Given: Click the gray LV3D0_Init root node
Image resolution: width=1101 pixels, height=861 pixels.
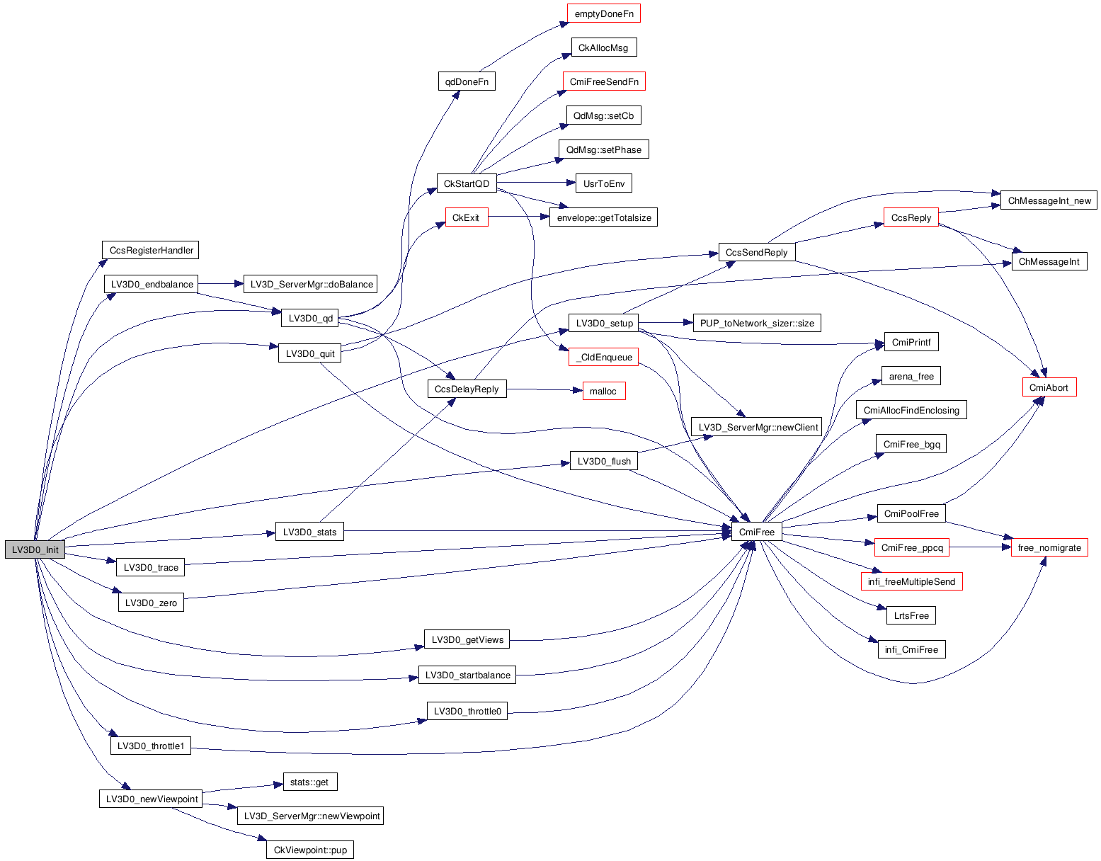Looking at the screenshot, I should click(x=35, y=549).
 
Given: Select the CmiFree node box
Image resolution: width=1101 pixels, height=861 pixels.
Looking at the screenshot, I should click(x=756, y=532).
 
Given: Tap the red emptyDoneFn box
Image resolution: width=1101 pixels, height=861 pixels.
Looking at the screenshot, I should click(x=604, y=13).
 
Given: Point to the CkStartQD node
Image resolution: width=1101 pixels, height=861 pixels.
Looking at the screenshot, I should click(x=466, y=183).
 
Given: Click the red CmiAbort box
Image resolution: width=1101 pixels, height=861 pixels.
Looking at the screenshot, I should click(x=1049, y=387).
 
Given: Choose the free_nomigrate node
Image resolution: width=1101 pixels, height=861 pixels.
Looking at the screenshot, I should click(x=1049, y=547).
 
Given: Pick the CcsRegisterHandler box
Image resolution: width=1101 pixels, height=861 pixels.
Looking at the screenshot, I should click(x=151, y=250).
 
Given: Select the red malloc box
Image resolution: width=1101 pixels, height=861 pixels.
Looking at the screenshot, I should click(x=603, y=391).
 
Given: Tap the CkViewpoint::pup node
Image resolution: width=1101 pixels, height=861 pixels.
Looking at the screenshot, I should click(x=309, y=850).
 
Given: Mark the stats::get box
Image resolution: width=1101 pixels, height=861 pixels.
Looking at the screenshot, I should click(x=309, y=782).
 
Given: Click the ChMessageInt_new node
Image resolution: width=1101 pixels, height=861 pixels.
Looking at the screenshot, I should click(x=1049, y=200).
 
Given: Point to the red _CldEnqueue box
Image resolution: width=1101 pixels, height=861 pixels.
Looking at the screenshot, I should click(x=604, y=357).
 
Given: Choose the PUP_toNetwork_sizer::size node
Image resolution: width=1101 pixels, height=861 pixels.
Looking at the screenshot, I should click(x=757, y=323).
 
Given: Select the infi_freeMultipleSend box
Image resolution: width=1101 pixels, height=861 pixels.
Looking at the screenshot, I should click(x=911, y=581).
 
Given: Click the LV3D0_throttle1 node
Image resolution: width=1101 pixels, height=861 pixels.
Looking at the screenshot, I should click(x=150, y=746).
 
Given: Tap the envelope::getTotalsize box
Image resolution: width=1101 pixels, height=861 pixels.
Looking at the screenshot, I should click(x=603, y=217).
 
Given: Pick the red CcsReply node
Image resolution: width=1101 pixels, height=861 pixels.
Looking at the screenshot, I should click(x=911, y=217).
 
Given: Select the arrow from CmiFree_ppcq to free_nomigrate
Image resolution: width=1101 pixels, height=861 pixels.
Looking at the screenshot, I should click(x=980, y=547).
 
